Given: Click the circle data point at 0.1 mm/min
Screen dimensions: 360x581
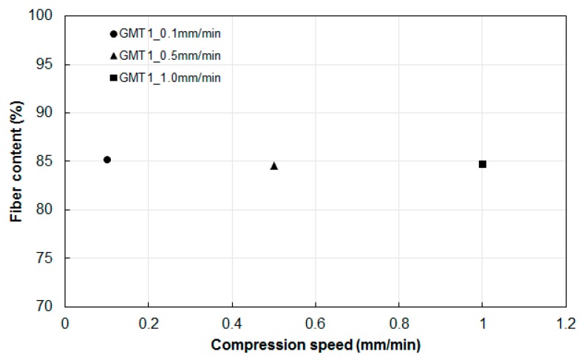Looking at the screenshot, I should tap(107, 160).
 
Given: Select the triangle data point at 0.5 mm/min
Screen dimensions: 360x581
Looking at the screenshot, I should tap(274, 166).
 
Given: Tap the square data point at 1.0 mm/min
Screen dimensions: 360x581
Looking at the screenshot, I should tap(483, 164).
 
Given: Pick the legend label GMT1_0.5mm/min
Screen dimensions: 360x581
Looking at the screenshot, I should tap(169, 55).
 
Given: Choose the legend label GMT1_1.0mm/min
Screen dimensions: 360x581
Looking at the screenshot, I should tap(169, 77).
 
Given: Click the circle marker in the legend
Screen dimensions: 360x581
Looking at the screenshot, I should tap(113, 34).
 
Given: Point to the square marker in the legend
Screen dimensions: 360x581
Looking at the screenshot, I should tap(113, 77).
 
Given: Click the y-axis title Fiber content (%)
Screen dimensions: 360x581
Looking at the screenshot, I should tap(15, 161).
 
